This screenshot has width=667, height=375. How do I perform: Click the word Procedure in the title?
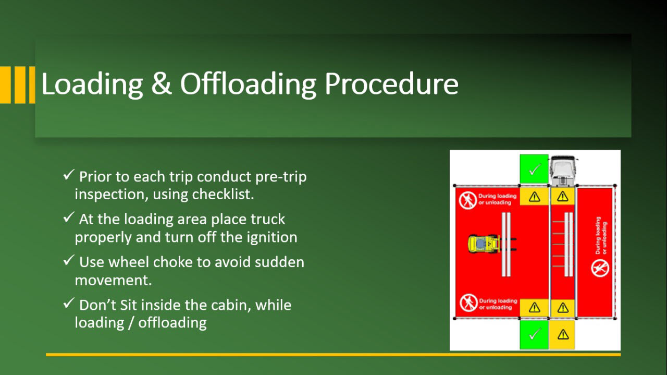(x=391, y=84)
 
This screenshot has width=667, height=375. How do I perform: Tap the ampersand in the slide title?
(x=162, y=84)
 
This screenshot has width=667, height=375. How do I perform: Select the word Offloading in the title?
(x=248, y=84)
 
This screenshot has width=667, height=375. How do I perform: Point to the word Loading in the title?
(x=92, y=84)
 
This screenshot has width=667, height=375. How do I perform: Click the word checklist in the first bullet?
(x=223, y=195)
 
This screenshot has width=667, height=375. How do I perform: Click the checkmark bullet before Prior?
(x=69, y=175)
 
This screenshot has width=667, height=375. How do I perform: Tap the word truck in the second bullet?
(x=267, y=220)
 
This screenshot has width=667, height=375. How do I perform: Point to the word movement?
(x=113, y=281)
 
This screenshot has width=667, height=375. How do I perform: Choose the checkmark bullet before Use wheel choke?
(x=69, y=261)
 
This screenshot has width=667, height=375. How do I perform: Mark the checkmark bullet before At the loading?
(x=69, y=217)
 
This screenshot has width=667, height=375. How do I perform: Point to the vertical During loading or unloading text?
(x=601, y=236)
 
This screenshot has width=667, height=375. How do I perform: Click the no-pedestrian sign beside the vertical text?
(x=600, y=268)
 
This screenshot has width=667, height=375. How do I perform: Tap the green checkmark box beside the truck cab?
(x=534, y=169)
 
